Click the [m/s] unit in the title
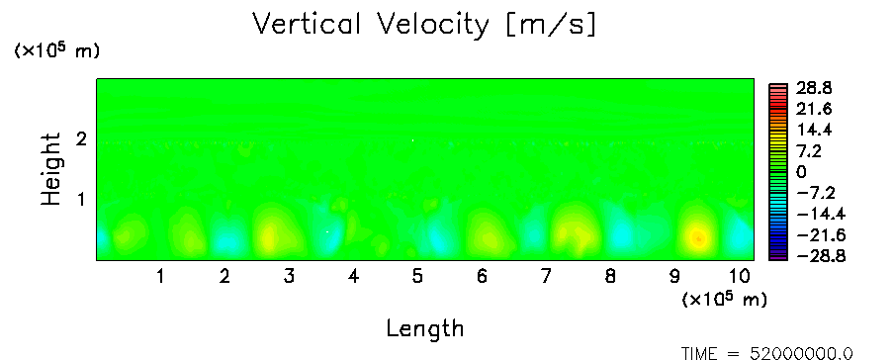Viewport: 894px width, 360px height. pyautogui.click(x=551, y=25)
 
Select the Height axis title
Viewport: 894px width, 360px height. pyautogui.click(x=50, y=169)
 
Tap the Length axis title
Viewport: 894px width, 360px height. pyautogui.click(x=425, y=328)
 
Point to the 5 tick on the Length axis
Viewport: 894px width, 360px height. pyautogui.click(x=417, y=277)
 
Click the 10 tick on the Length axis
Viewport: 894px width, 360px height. pyautogui.click(x=740, y=277)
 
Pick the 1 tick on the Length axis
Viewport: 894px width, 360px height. pyautogui.click(x=161, y=277)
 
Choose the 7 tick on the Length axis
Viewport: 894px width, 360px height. pyautogui.click(x=546, y=277)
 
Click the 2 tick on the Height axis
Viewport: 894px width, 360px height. pyautogui.click(x=81, y=138)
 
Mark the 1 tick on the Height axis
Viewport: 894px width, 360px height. pyautogui.click(x=81, y=200)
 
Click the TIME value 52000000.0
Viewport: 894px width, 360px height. pyautogui.click(x=801, y=354)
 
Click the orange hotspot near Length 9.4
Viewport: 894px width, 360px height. pyautogui.click(x=699, y=238)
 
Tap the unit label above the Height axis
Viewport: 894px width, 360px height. pyautogui.click(x=56, y=50)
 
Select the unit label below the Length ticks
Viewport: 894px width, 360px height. pyautogui.click(x=724, y=299)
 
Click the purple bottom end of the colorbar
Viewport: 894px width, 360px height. pyautogui.click(x=777, y=257)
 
